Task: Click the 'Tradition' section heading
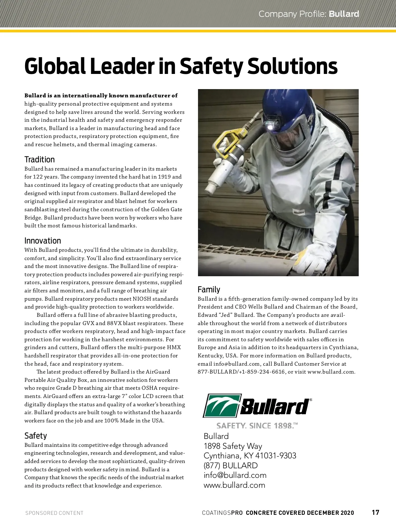[x=40, y=160]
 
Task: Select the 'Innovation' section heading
[x=43, y=241]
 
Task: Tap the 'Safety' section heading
[x=36, y=436]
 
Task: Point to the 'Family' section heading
[x=209, y=290]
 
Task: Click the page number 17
[x=376, y=513]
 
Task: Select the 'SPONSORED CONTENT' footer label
[x=54, y=513]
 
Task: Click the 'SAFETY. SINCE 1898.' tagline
[x=257, y=426]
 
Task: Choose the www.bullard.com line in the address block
[x=234, y=485]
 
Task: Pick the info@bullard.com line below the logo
[x=235, y=475]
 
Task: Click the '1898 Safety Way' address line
[x=233, y=446]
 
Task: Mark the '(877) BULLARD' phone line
[x=231, y=466]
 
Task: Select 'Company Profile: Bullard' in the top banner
[x=309, y=14]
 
